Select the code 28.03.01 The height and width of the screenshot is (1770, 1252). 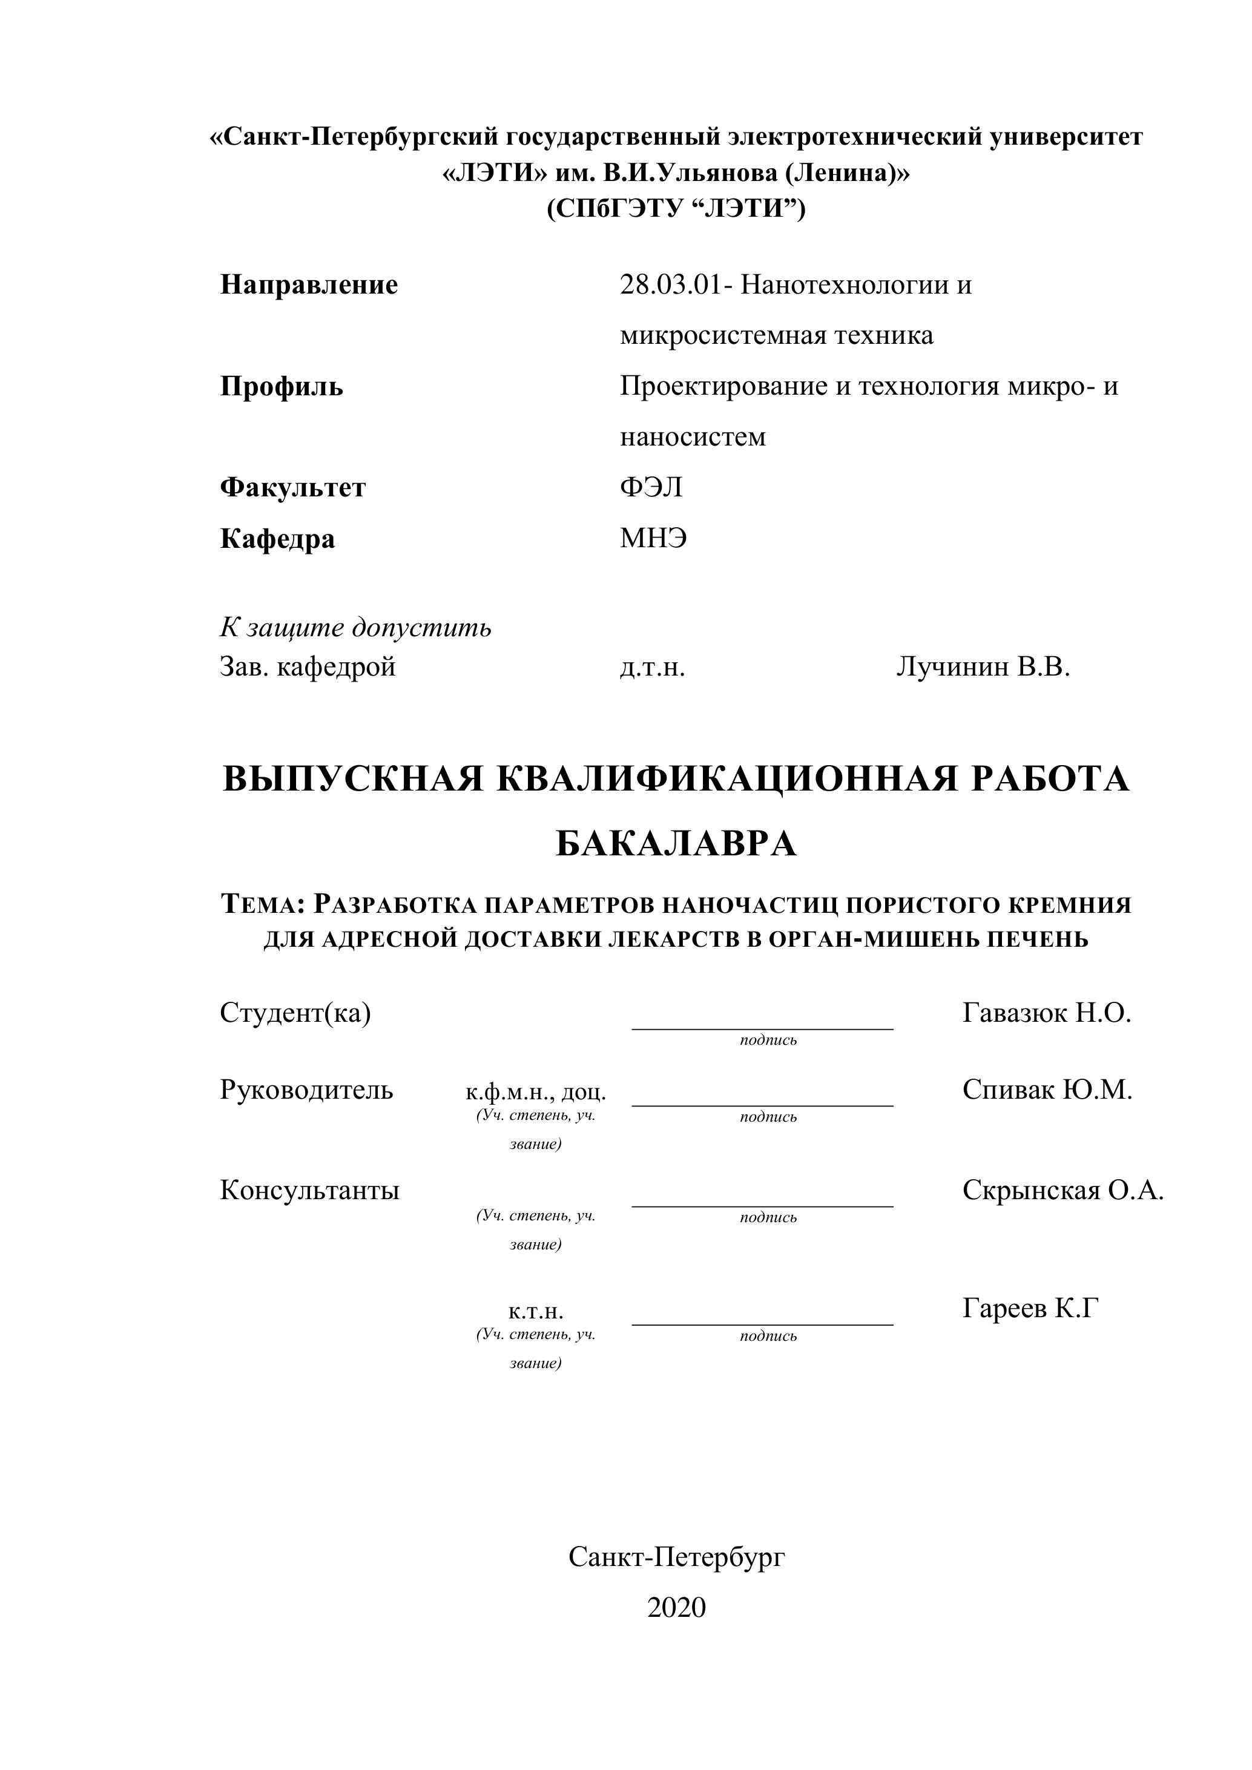coord(671,286)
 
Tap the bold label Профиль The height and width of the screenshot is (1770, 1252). coord(282,386)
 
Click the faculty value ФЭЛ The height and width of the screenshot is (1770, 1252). coord(651,488)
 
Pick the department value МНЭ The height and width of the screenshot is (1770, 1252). coord(653,538)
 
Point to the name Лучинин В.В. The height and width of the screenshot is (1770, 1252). coord(983,667)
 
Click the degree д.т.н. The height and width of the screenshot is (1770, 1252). coord(652,668)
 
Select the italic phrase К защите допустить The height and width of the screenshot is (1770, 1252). coord(355,628)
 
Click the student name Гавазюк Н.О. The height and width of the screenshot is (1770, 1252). coord(1046,1013)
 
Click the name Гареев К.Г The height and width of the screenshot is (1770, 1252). coord(1029,1308)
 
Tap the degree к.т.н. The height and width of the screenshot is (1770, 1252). coord(536,1311)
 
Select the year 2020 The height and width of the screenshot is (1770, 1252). coord(676,1607)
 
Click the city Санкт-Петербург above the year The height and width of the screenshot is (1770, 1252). coord(676,1558)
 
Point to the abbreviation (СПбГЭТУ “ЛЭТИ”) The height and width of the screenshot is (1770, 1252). coord(676,209)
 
